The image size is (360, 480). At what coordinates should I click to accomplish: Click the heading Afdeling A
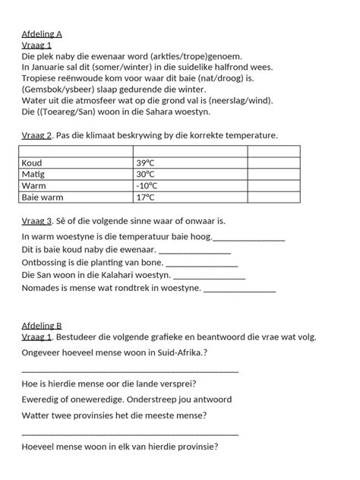pyautogui.click(x=42, y=34)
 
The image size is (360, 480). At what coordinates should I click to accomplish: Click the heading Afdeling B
pyautogui.click(x=42, y=326)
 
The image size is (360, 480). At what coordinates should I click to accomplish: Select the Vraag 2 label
pyautogui.click(x=36, y=135)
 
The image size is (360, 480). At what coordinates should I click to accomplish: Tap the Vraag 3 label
pyautogui.click(x=36, y=221)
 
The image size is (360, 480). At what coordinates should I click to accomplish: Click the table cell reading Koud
pyautogui.click(x=32, y=163)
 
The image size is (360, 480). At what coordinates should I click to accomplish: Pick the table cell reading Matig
pyautogui.click(x=34, y=175)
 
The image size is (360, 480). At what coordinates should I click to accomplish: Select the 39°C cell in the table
pyautogui.click(x=146, y=163)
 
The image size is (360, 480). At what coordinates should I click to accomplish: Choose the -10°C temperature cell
pyautogui.click(x=147, y=186)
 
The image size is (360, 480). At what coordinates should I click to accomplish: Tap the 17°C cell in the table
pyautogui.click(x=146, y=197)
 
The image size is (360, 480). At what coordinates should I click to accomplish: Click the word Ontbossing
pyautogui.click(x=46, y=262)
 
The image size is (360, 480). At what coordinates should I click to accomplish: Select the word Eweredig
pyautogui.click(x=43, y=399)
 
